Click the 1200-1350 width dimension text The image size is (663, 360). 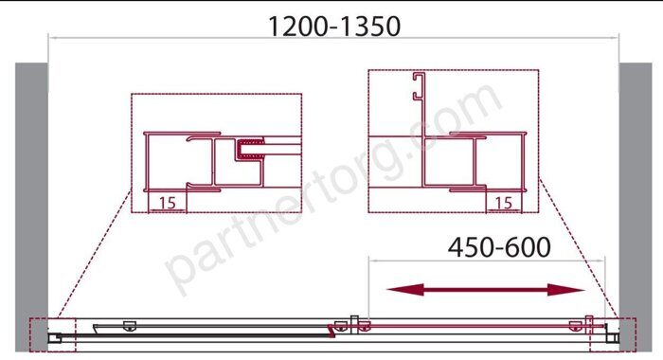[x=333, y=26]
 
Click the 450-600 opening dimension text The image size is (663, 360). [x=497, y=247]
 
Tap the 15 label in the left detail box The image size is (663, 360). [x=167, y=202]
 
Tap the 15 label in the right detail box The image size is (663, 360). [x=504, y=202]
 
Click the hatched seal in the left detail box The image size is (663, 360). [x=251, y=147]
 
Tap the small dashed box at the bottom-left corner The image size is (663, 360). [x=51, y=333]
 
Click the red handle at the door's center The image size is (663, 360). [x=332, y=330]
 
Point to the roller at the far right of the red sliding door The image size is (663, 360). [x=575, y=325]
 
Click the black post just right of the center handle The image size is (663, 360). [x=351, y=324]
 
